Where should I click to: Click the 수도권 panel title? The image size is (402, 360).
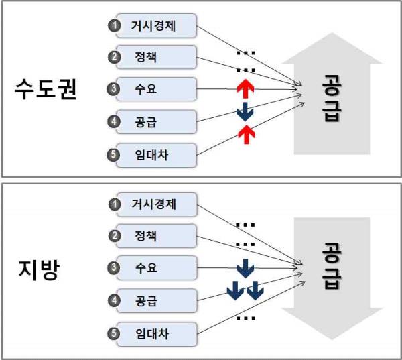46,88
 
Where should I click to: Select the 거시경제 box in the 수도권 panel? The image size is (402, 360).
156,26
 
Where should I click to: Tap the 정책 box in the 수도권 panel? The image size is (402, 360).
156,57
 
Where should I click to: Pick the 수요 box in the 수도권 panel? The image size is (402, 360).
156,89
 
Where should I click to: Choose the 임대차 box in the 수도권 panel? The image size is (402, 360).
156,156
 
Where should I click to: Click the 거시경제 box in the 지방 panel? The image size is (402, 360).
156,204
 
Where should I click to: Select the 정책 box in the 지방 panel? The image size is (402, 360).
156,236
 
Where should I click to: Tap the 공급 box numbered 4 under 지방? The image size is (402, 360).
156,301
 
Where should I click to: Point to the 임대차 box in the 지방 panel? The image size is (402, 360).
156,334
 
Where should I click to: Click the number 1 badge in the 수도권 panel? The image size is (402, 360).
114,25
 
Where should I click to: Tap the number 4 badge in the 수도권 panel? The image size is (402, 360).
114,121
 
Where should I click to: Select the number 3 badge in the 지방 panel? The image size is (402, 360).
114,268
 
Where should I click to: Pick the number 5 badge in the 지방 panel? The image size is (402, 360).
114,334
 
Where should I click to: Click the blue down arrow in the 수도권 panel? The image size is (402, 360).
245,112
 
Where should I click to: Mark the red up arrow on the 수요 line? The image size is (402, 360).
245,88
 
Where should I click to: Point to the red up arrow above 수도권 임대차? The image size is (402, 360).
247,135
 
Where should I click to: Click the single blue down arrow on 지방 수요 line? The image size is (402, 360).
245,268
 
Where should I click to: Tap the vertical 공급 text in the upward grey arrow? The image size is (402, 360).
332,99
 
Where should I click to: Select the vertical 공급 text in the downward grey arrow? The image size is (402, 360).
332,266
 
